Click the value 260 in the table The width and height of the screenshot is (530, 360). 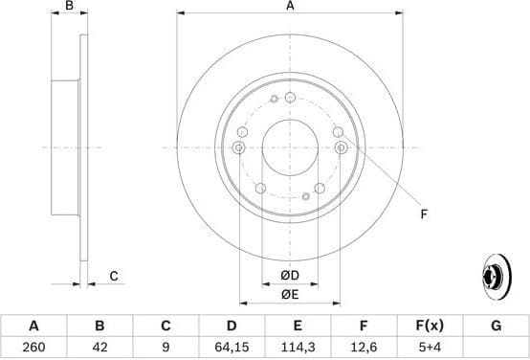coord(33,346)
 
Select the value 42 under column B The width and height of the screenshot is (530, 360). coord(99,346)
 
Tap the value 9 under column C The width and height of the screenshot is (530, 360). coord(166,346)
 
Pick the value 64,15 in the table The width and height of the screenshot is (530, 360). coord(232,346)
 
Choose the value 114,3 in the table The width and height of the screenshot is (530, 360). coord(298,346)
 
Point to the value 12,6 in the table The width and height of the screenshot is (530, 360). coord(364,346)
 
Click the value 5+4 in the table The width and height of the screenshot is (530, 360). coord(430,346)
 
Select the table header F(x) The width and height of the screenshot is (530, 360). coord(430,326)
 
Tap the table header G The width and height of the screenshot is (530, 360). coord(496,326)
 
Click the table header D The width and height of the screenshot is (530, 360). coord(232,326)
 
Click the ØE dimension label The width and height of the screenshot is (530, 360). coord(289,293)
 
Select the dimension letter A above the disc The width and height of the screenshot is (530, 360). coord(290,8)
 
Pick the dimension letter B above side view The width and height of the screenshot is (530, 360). coord(68,8)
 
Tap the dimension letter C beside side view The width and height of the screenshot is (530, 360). coord(113,277)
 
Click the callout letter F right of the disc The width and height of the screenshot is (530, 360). coord(424,214)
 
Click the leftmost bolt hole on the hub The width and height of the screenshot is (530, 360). coord(237,146)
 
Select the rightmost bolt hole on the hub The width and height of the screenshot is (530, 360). coord(342,146)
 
